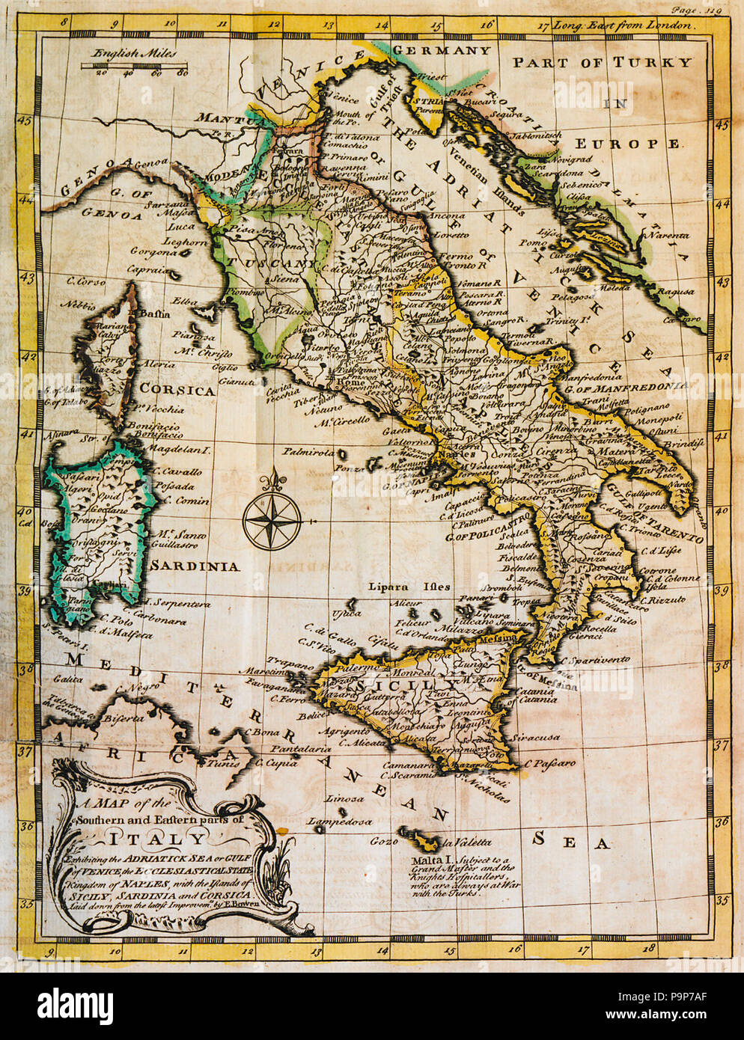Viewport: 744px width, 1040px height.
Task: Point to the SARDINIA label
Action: tap(195, 566)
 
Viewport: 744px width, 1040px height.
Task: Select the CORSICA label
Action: tap(177, 391)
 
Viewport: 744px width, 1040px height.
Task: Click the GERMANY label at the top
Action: tap(442, 51)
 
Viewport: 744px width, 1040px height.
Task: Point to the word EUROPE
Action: tap(627, 143)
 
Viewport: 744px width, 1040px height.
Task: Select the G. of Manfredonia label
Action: tap(626, 386)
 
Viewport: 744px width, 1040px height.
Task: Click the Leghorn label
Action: tap(185, 242)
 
